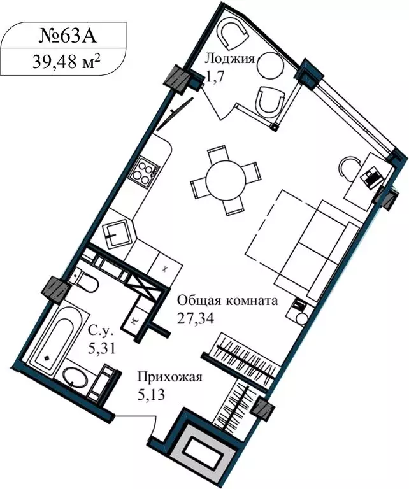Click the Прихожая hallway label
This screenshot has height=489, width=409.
[x=170, y=378]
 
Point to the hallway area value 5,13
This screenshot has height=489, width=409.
[x=152, y=395]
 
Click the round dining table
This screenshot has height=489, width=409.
[x=226, y=180]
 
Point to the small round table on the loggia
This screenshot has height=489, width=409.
[x=272, y=66]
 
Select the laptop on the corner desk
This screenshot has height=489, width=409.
[x=371, y=175]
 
